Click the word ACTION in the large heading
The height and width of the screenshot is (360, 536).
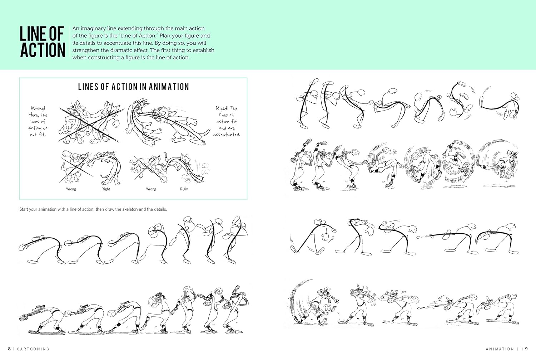[43, 50]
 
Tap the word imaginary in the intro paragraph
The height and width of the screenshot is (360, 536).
[94, 28]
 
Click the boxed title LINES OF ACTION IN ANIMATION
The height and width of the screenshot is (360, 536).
[133, 87]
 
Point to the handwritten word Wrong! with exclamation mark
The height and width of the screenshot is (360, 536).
[38, 108]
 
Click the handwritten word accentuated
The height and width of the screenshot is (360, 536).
[227, 135]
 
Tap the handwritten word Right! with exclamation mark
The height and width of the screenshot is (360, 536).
[223, 108]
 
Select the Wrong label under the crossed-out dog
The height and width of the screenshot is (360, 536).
[71, 189]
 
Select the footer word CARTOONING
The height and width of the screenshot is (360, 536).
[33, 349]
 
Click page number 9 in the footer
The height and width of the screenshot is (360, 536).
[526, 349]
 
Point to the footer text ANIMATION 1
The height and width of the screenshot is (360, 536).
[502, 349]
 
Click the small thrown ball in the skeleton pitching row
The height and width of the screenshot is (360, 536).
[418, 237]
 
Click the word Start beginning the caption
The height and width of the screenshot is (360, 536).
[24, 209]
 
